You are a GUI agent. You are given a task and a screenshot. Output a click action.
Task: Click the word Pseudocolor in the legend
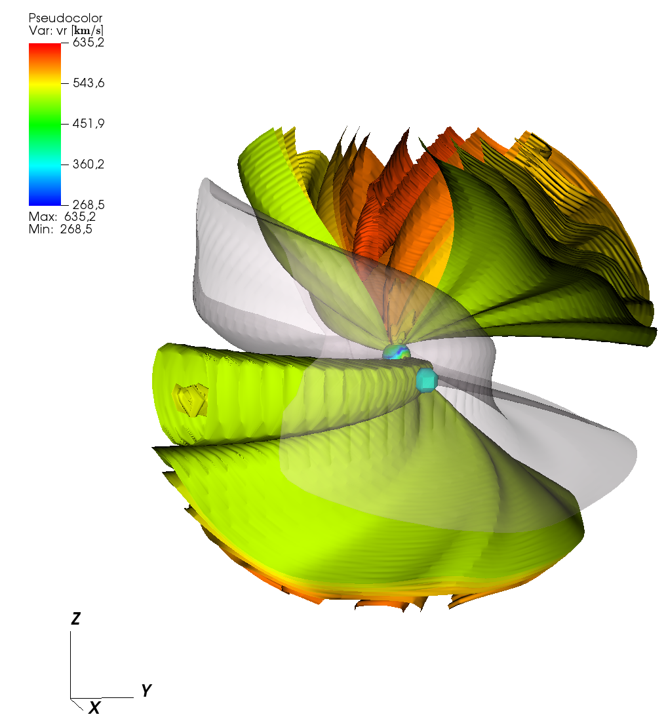coord(65,18)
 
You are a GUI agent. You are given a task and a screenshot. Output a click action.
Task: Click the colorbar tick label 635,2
coord(88,42)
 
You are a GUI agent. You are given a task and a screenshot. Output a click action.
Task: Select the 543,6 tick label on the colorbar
coord(88,83)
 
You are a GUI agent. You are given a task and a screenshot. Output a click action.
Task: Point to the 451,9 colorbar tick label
coord(88,123)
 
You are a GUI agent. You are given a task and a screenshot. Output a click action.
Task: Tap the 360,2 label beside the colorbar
coord(88,164)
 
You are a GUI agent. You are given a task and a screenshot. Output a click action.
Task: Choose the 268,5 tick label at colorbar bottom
coord(88,204)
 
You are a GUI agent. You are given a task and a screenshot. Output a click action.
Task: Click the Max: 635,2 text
coord(62,216)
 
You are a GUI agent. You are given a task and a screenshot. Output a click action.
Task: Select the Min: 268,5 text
coord(60,229)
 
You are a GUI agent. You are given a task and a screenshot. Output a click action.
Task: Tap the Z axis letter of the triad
coord(75,619)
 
